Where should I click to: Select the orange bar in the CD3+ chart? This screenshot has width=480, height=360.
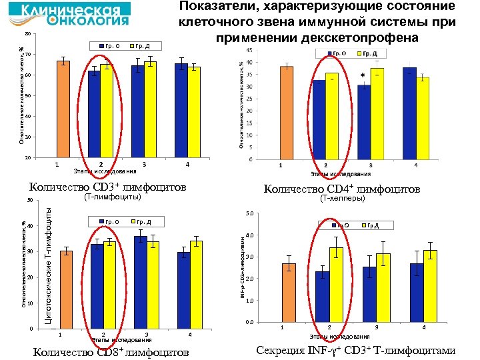click(x=63, y=109)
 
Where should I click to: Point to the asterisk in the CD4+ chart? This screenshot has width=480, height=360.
click(x=363, y=76)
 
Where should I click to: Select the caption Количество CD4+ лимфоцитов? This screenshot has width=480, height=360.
click(x=342, y=189)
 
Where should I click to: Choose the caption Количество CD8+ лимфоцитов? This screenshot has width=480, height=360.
click(x=111, y=352)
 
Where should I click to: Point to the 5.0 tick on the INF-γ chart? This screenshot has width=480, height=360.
click(x=249, y=214)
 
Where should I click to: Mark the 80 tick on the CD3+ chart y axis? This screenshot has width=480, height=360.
click(x=27, y=34)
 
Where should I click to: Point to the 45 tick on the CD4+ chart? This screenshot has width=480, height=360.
click(x=248, y=51)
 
